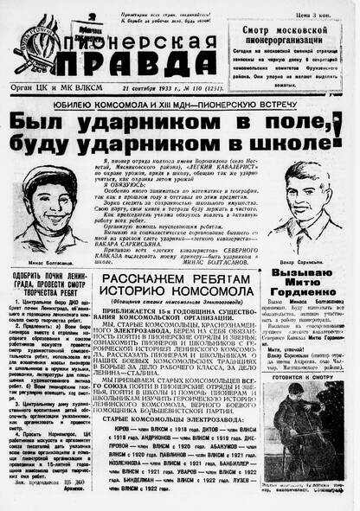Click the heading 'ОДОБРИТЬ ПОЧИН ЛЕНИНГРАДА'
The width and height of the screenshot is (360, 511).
click(48, 285)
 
